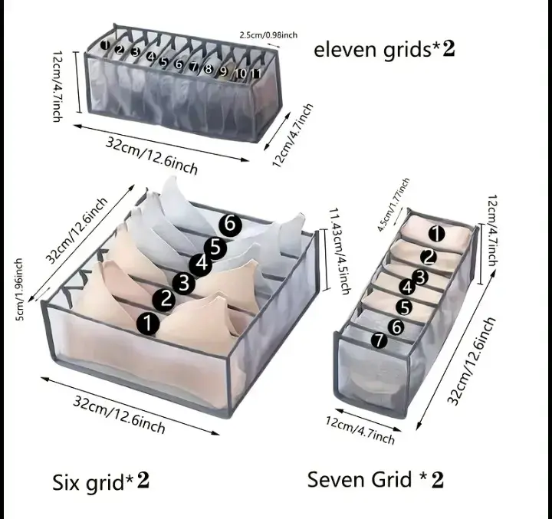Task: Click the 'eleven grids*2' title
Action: click(x=384, y=50)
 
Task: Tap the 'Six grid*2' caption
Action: click(x=100, y=482)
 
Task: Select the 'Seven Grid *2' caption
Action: click(x=375, y=479)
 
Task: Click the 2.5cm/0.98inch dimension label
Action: click(x=268, y=34)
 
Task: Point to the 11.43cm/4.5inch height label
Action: click(x=340, y=251)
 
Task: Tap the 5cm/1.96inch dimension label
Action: click(x=19, y=290)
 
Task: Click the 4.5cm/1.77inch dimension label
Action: click(x=393, y=205)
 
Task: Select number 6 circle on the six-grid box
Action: click(x=230, y=225)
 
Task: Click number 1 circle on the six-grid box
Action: click(x=148, y=324)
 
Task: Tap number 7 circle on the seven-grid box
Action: click(x=379, y=340)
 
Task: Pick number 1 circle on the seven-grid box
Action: click(x=436, y=234)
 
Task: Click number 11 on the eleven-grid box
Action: click(x=256, y=74)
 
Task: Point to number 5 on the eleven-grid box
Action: click(x=163, y=62)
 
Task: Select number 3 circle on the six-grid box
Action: click(x=183, y=282)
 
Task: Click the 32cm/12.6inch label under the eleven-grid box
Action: click(x=151, y=155)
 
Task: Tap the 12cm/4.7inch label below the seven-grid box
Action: click(x=360, y=430)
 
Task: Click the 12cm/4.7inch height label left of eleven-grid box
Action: click(x=58, y=87)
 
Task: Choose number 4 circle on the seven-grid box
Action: click(x=407, y=287)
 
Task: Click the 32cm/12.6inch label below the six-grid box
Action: click(x=119, y=414)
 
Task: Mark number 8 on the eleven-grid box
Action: click(x=209, y=68)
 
